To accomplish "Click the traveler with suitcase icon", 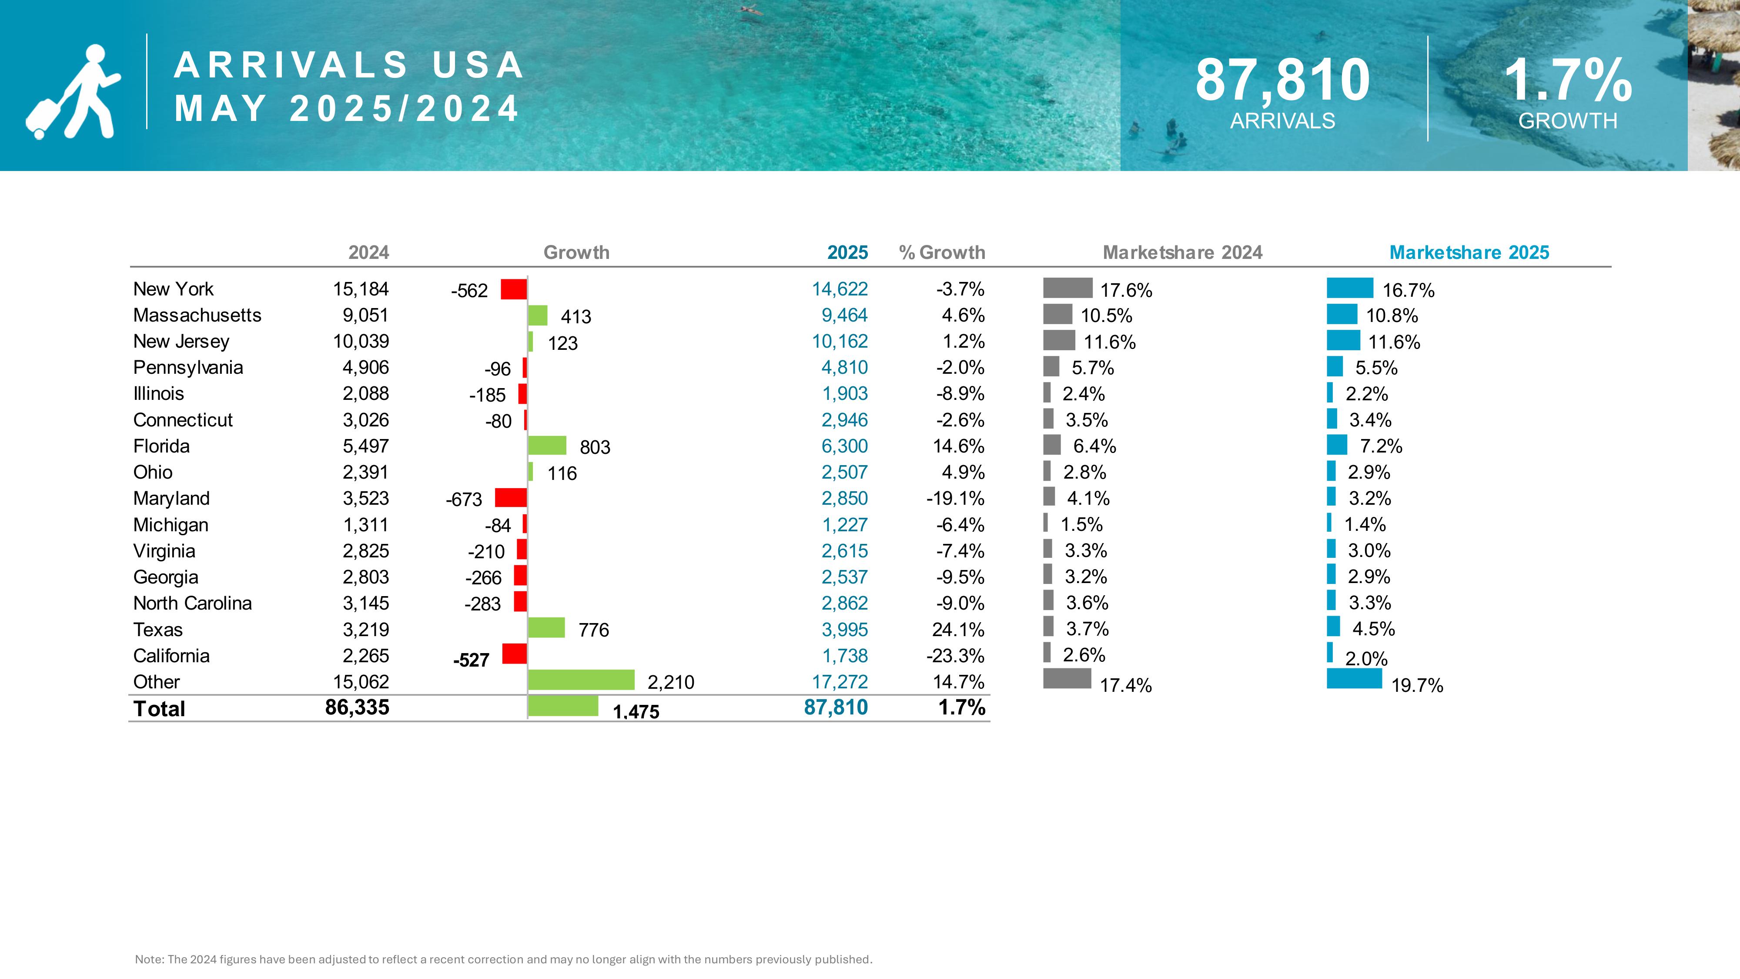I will coord(73,92).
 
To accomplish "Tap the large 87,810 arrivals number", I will coord(1282,81).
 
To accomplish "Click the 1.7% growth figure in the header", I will coord(1567,81).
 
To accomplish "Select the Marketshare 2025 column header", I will coord(1469,253).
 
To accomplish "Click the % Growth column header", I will coord(942,253).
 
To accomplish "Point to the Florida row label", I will coord(161,446).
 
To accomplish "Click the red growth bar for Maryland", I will coord(511,498).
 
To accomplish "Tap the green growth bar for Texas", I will coord(546,628).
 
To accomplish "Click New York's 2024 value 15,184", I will coord(361,289).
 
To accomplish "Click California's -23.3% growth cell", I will coord(955,655).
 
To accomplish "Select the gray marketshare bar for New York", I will coord(1067,288).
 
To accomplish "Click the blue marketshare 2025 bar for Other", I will coord(1354,678).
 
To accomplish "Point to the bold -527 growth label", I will coord(471,660).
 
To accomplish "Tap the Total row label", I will coord(159,709).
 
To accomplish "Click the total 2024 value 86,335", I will coord(357,707).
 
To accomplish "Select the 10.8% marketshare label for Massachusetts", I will coord(1392,315).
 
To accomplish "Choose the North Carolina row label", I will coord(193,603).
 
